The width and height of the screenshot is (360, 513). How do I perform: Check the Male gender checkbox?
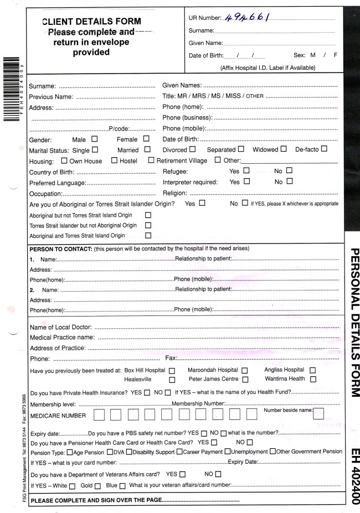[x=94, y=139]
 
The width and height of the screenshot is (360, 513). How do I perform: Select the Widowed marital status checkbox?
[x=284, y=149]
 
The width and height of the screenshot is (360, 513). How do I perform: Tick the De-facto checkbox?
[x=324, y=149]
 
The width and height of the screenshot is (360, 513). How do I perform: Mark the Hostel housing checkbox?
[x=114, y=160]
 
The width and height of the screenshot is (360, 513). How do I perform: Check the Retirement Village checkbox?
[x=151, y=160]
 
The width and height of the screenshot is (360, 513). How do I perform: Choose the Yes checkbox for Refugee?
[x=246, y=171]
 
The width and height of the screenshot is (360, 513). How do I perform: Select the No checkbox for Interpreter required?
[x=289, y=182]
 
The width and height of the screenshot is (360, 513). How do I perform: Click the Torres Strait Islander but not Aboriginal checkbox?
[x=148, y=225]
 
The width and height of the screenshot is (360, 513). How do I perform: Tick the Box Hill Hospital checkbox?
[x=172, y=370]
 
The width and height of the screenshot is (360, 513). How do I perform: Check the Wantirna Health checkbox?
[x=313, y=379]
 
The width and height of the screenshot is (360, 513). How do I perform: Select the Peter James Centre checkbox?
[x=245, y=380]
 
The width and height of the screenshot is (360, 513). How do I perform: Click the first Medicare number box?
[x=101, y=415]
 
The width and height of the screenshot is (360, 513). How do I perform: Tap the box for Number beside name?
[x=318, y=414]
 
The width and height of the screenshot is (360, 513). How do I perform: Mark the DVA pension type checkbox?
[x=110, y=452]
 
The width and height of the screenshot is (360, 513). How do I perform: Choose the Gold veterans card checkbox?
[x=97, y=486]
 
